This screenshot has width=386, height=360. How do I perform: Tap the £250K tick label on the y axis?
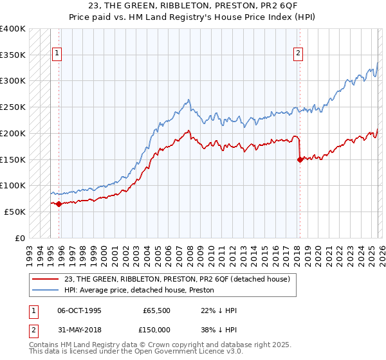coord(13,107)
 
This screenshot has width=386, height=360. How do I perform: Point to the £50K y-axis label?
coord(15,212)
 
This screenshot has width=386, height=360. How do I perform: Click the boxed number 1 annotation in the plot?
coord(58,54)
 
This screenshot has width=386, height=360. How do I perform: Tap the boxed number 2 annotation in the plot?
coord(299,54)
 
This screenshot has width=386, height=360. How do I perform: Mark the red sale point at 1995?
coord(59,204)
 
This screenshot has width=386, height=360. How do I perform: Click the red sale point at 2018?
coord(300,159)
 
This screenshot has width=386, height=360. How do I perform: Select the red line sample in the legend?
coord(46,279)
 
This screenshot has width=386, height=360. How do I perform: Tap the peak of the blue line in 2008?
coord(188,100)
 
